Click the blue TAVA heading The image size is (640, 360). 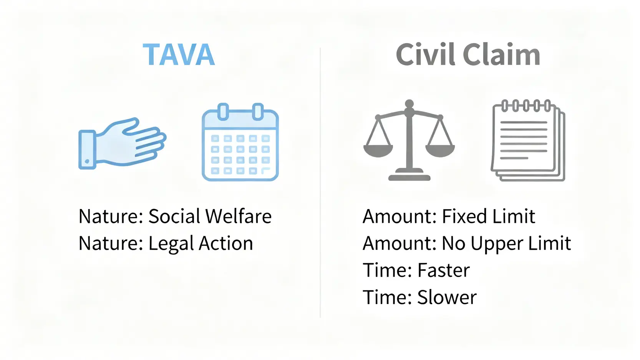(179, 55)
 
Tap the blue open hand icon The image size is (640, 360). (122, 143)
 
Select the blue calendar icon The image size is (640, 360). (240, 142)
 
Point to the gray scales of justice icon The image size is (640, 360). (409, 140)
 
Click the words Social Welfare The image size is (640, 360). (210, 216)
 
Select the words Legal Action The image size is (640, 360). (201, 243)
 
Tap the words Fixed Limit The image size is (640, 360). (488, 216)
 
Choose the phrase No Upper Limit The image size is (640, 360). (506, 243)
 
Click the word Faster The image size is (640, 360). (443, 270)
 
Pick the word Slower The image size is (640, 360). (447, 297)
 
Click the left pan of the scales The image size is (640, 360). (378, 151)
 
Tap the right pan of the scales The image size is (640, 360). (440, 151)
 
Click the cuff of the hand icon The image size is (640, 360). (87, 150)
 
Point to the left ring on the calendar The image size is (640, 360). (223, 111)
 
